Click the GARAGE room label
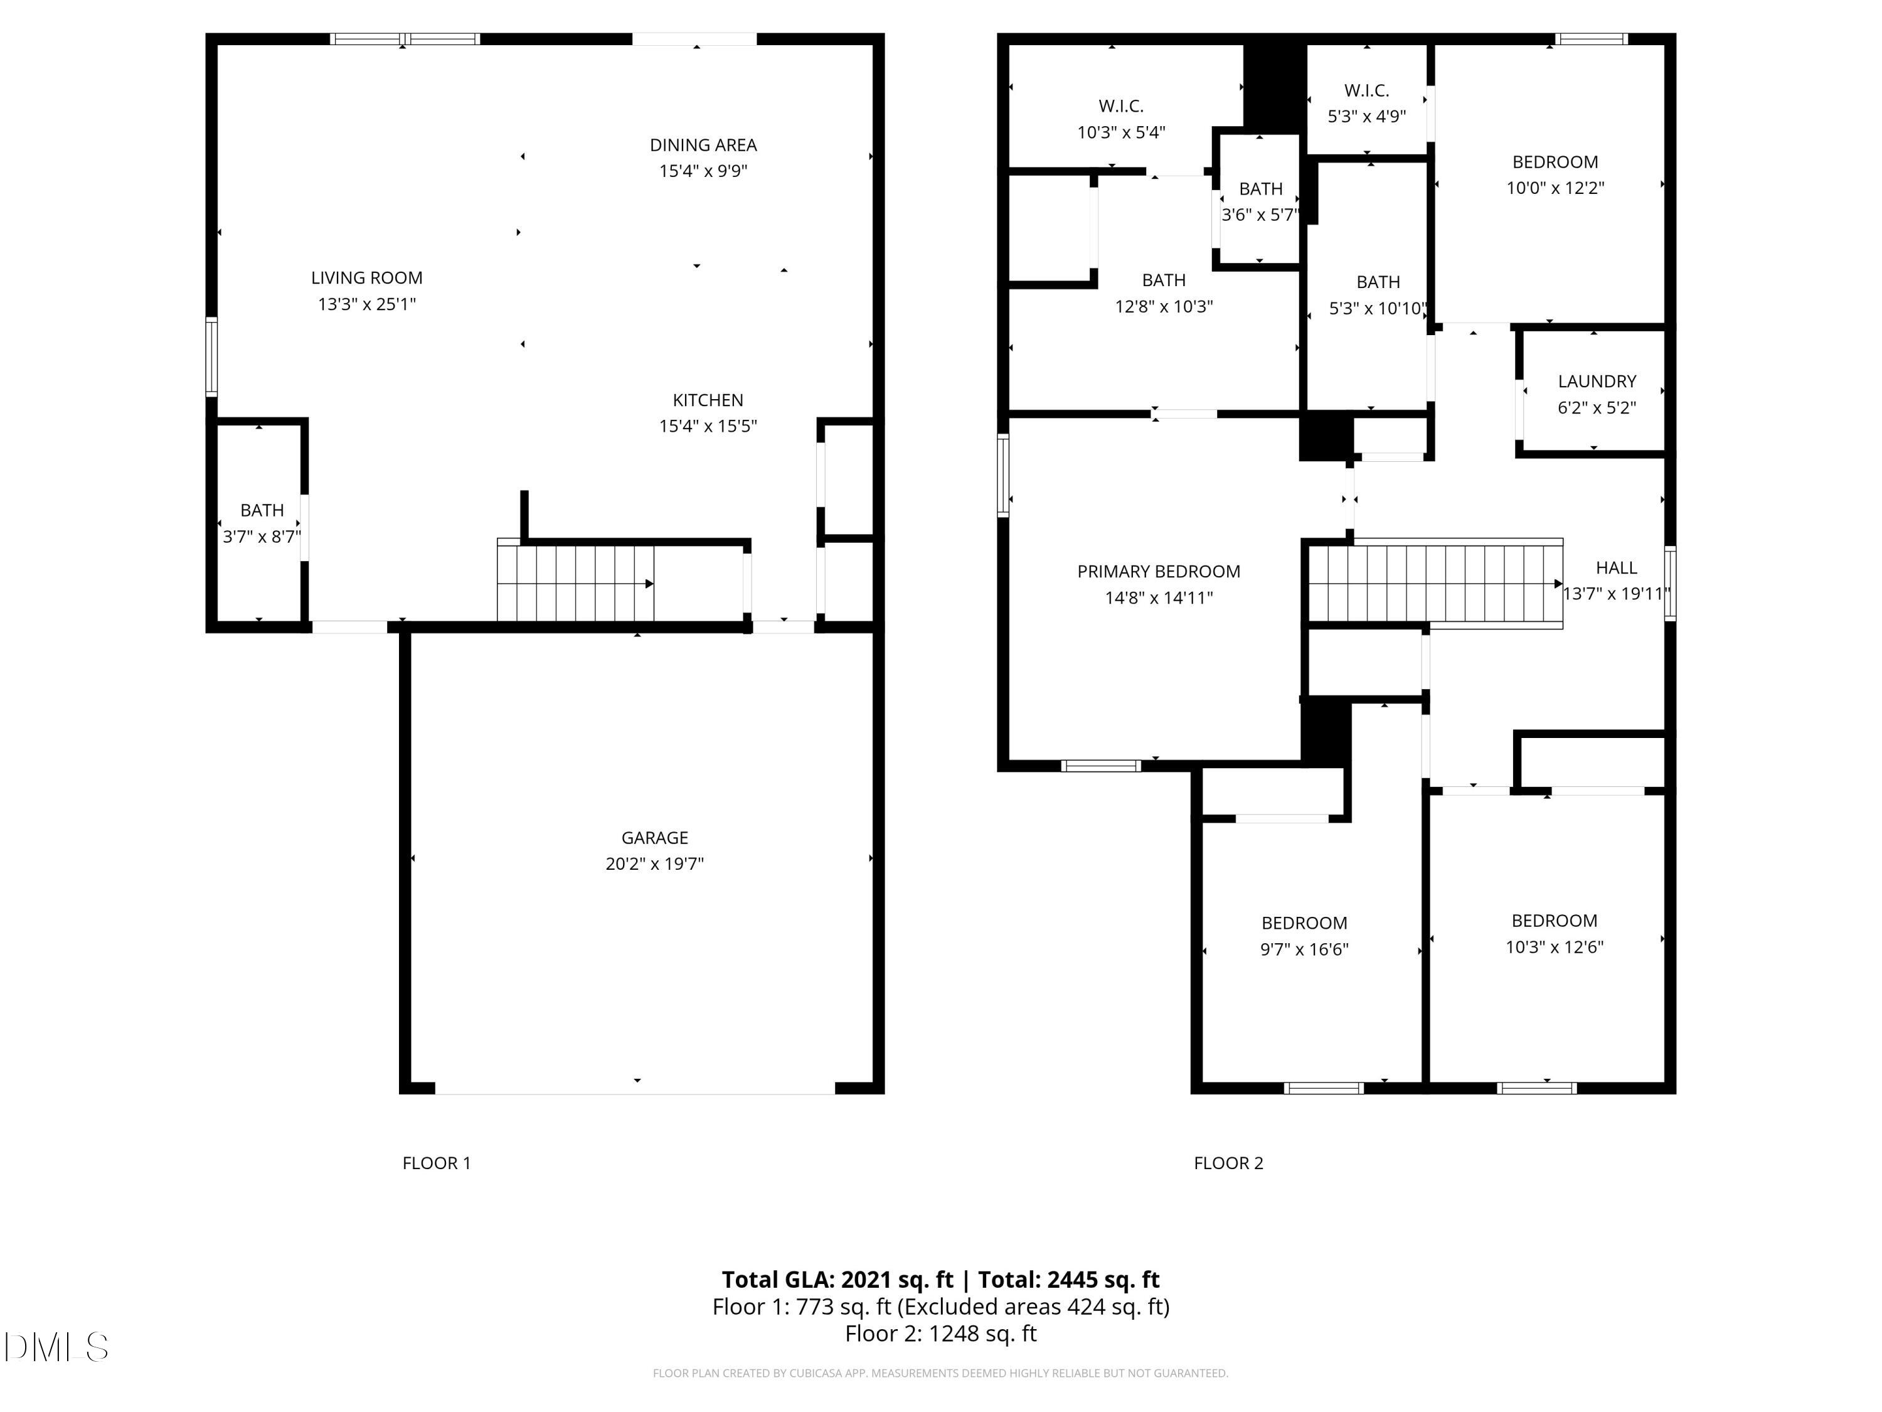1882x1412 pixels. coord(654,838)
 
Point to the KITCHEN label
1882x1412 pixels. coord(707,400)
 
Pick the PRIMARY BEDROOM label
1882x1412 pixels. coord(1158,571)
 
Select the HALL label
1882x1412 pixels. coord(1615,568)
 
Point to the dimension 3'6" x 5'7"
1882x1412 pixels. coord(1260,215)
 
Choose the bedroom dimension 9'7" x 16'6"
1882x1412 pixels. coord(1304,949)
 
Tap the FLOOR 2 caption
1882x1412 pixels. coord(1228,1163)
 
